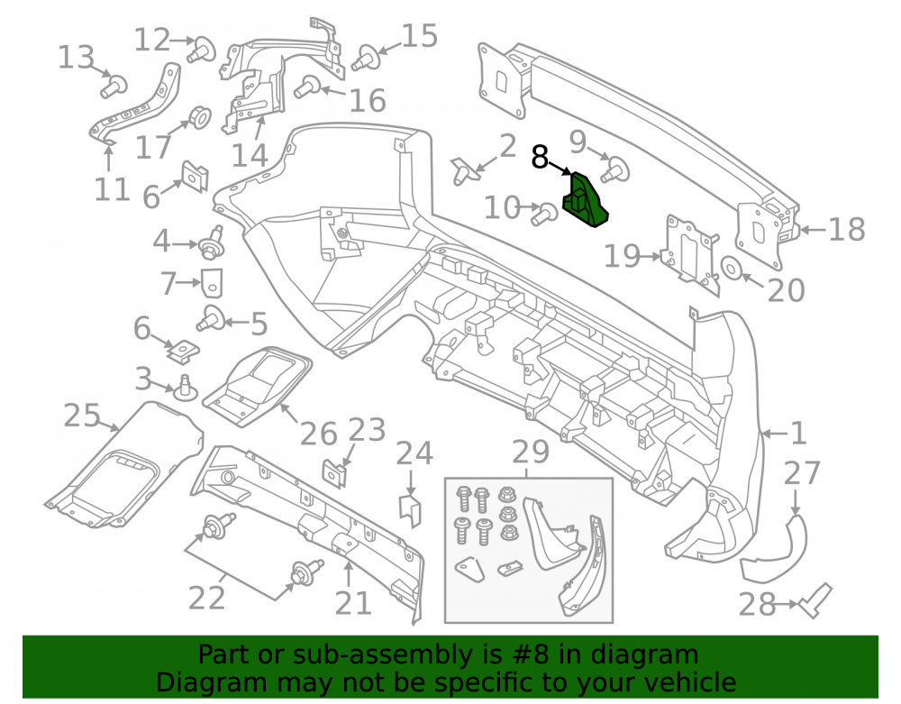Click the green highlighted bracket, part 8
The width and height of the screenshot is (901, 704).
585,201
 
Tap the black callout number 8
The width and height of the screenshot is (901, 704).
540,157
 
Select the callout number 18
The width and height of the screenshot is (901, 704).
846,229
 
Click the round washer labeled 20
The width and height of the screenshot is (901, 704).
731,268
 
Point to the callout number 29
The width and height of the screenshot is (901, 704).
531,453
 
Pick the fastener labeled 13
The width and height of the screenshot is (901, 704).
114,87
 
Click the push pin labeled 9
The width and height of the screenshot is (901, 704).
615,169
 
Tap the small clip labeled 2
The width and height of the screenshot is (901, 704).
464,171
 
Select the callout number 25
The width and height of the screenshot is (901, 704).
82,415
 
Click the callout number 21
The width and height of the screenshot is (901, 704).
353,603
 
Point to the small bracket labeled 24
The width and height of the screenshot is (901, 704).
410,510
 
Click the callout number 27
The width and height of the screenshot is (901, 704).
802,473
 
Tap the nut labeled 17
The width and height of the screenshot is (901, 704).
199,117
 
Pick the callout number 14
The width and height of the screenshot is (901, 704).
250,155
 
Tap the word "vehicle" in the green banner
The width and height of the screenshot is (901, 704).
689,682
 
